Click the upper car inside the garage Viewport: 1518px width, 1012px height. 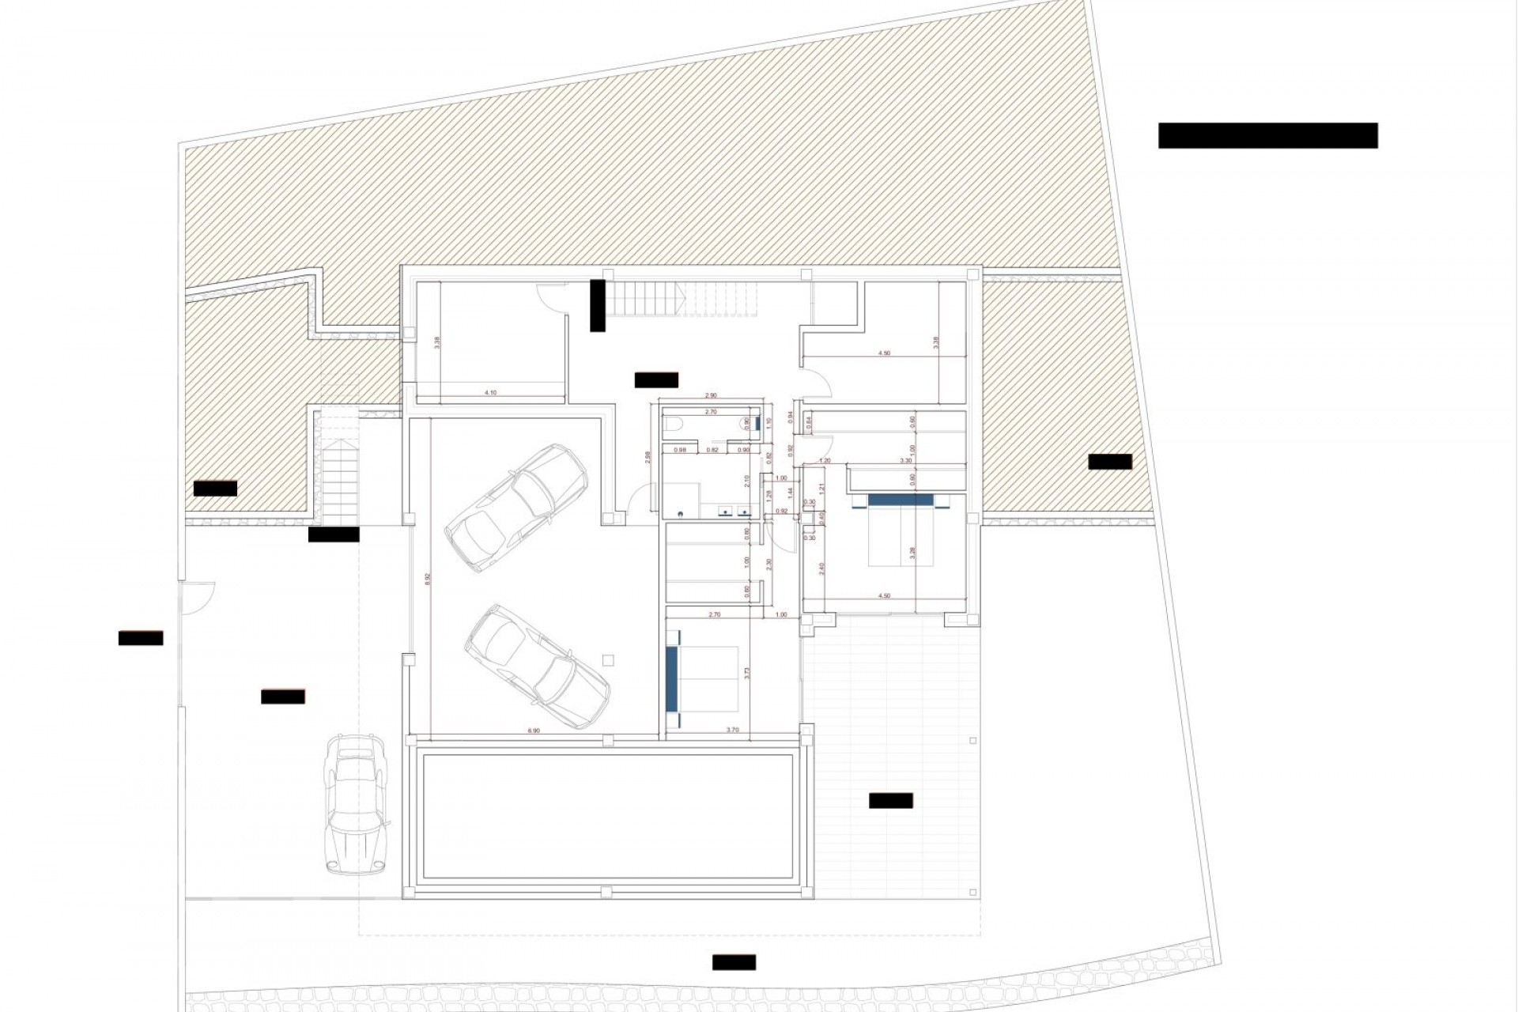coord(515,508)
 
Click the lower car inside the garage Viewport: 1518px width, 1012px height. coord(538,666)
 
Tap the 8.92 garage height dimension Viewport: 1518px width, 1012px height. coord(428,578)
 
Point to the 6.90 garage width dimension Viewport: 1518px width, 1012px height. coord(534,731)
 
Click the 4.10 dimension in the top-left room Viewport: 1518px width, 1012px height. coord(490,392)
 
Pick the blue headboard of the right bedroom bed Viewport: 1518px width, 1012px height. coord(900,500)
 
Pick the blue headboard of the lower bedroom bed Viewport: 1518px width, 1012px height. coord(672,678)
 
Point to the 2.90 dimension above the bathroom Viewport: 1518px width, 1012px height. coord(711,395)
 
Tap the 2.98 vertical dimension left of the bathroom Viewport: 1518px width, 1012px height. coord(648,457)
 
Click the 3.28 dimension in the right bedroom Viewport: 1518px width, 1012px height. coord(912,553)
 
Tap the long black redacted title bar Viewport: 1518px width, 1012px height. coord(1267,135)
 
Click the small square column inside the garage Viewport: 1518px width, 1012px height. coord(607,659)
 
